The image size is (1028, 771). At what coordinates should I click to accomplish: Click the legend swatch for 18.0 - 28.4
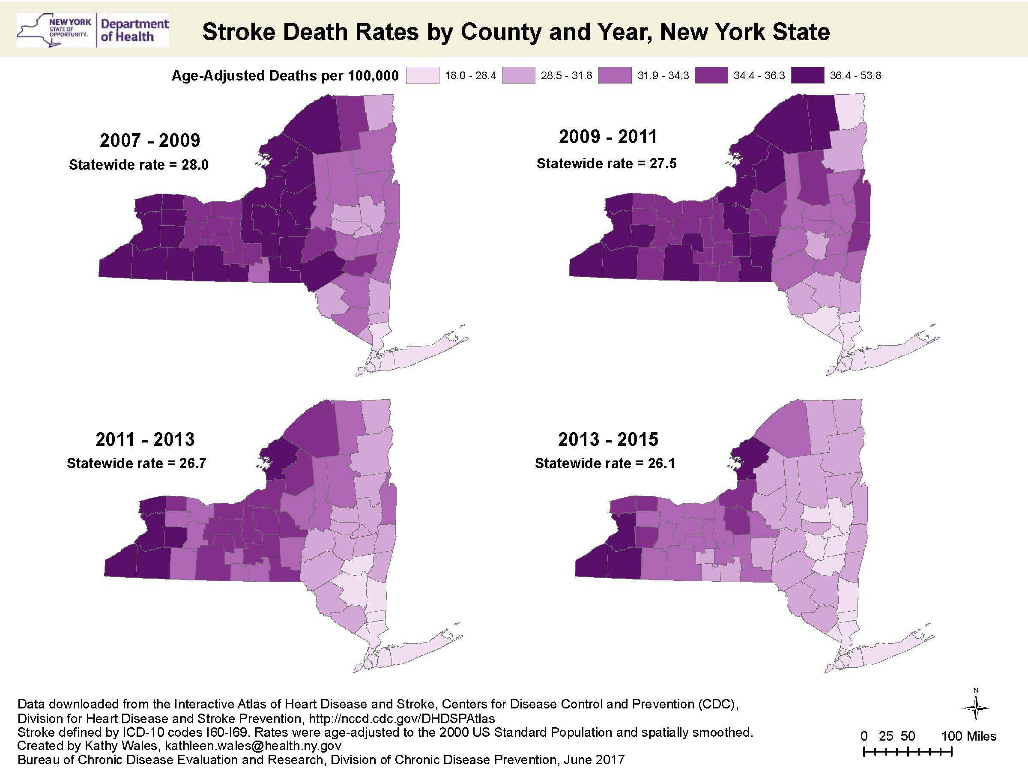point(422,75)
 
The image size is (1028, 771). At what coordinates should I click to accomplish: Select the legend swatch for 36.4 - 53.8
point(808,75)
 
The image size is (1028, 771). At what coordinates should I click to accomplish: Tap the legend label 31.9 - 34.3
point(663,75)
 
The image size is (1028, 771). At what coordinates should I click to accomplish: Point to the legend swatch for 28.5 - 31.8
point(518,75)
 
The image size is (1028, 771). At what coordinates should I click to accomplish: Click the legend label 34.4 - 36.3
point(759,75)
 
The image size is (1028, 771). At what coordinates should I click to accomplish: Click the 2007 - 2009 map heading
point(149,140)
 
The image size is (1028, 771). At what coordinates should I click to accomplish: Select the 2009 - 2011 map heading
point(608,137)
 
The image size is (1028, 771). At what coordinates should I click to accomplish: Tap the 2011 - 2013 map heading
point(145,439)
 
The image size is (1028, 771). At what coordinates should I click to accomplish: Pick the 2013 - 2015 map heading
point(608,439)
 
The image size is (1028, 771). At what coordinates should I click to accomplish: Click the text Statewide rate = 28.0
point(138,164)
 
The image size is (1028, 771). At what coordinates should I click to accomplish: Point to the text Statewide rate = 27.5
point(607,164)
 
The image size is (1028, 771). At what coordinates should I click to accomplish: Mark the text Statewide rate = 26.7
point(136,463)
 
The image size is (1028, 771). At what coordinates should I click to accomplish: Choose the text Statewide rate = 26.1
point(605,463)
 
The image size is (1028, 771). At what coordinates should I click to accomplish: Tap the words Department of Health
point(134,30)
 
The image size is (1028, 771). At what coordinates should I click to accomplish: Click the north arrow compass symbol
point(976,707)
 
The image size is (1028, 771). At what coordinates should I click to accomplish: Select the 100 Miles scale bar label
point(968,736)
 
